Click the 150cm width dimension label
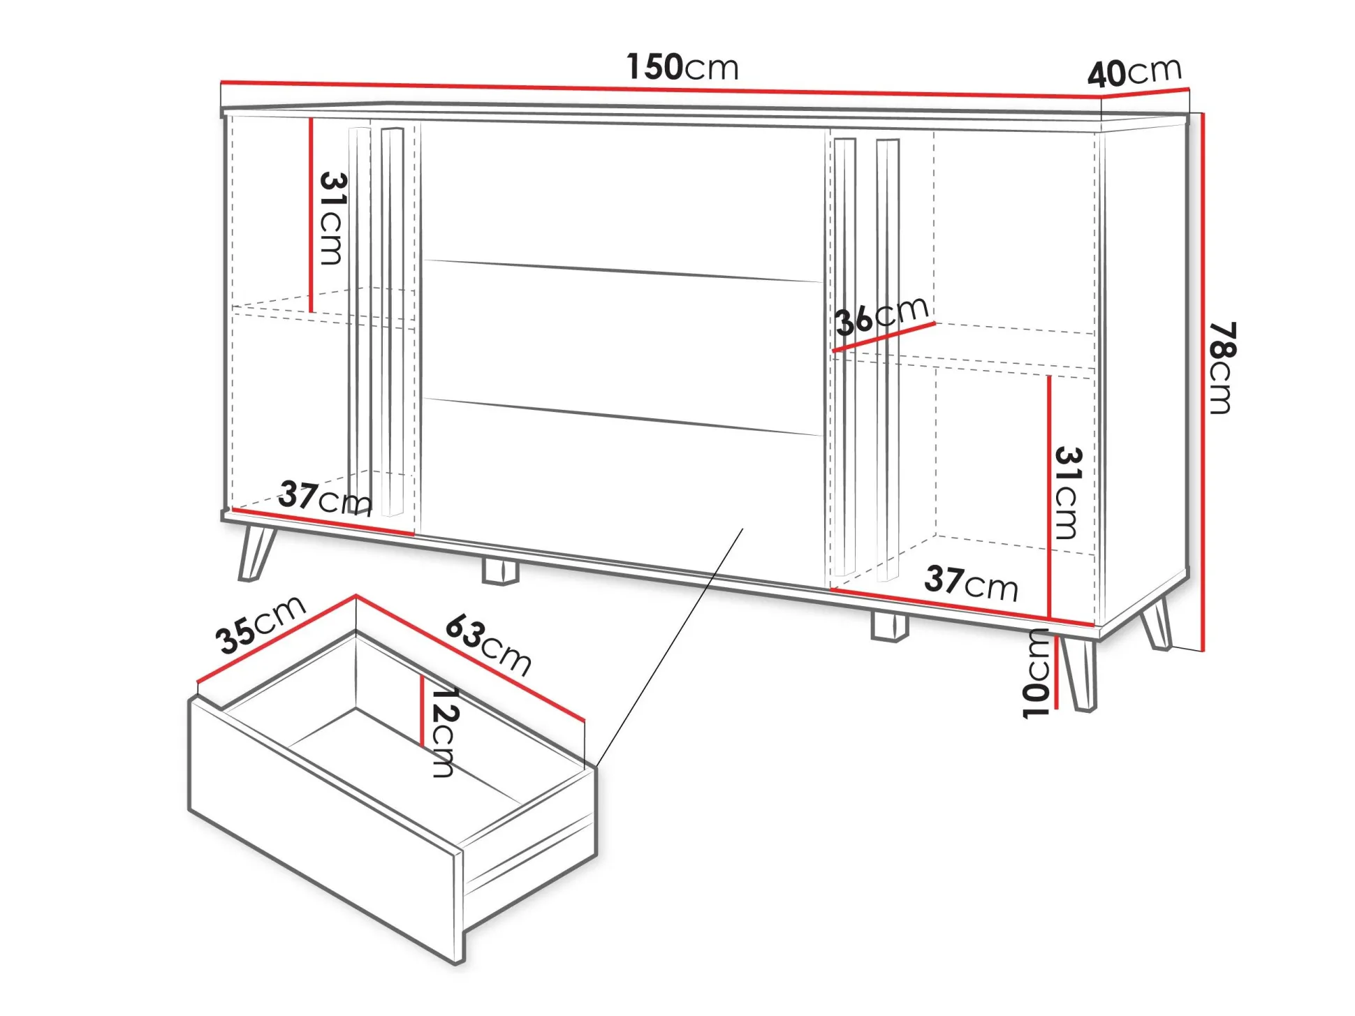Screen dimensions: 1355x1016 tap(682, 67)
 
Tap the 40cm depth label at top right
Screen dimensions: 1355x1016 tap(1135, 72)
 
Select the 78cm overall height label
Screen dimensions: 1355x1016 tap(1223, 367)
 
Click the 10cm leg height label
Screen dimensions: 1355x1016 tap(1036, 673)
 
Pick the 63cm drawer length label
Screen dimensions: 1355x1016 tap(489, 645)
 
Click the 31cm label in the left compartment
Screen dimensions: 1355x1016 tap(332, 219)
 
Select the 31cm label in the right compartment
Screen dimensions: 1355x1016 tap(1068, 493)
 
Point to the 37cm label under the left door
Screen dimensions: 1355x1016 tap(325, 497)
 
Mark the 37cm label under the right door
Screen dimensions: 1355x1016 tap(972, 583)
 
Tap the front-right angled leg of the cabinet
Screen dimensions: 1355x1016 tap(1079, 674)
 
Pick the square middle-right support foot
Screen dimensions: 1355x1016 tap(890, 626)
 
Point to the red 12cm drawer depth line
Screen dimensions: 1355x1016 tap(423, 710)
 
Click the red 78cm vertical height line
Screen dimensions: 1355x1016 tap(1203, 382)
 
